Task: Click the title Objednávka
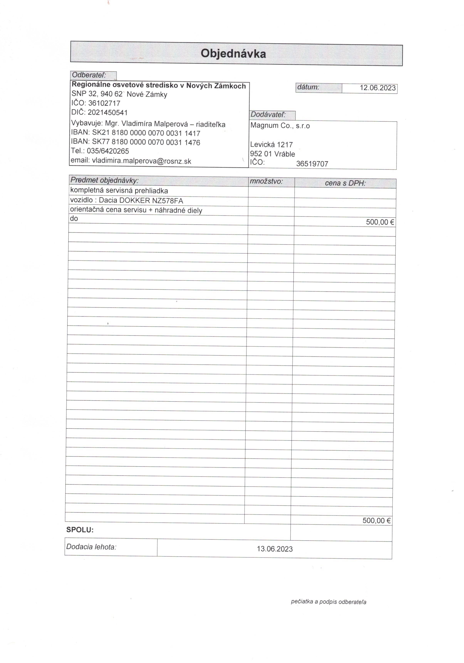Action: point(233,54)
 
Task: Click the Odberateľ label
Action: point(89,75)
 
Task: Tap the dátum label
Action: point(308,87)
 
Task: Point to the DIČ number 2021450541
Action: point(107,112)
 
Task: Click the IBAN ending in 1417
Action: point(146,133)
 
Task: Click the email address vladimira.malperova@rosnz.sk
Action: point(141,161)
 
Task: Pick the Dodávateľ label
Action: point(268,115)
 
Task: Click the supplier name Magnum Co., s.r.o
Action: point(280,126)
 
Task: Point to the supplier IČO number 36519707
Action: point(312,164)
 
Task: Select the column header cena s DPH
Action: point(345,183)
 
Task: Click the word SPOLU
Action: point(80,530)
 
